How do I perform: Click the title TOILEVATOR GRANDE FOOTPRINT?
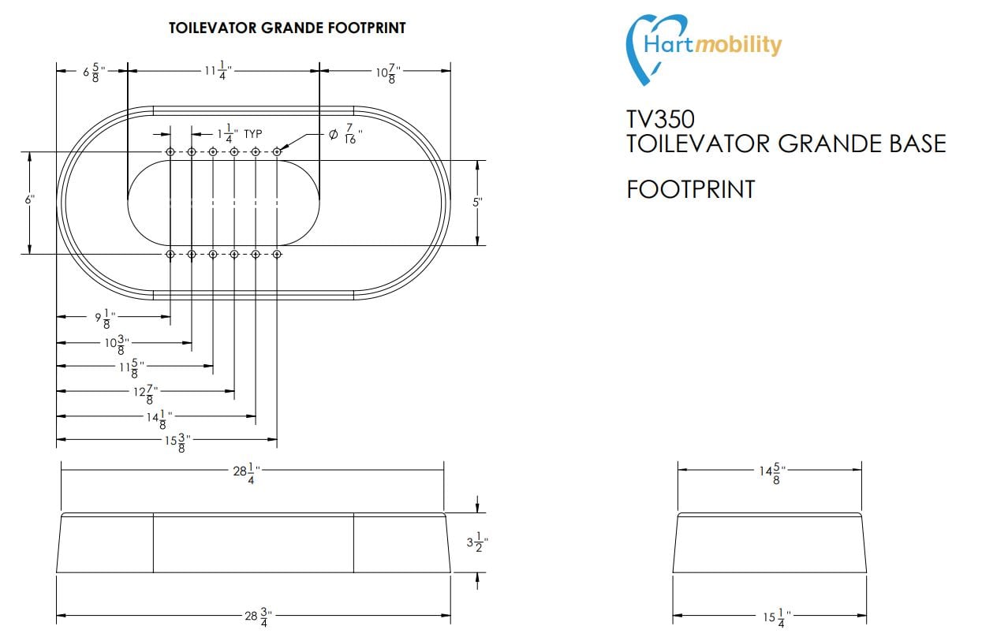tap(287, 28)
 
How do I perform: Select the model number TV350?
tap(660, 119)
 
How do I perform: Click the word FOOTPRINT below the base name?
tap(690, 189)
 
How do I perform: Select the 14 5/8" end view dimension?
tap(770, 471)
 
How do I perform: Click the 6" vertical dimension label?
tap(29, 200)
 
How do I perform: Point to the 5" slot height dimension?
tap(477, 203)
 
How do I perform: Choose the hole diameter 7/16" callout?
tap(345, 136)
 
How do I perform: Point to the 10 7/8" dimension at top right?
tap(386, 73)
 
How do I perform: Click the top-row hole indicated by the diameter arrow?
tap(277, 151)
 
